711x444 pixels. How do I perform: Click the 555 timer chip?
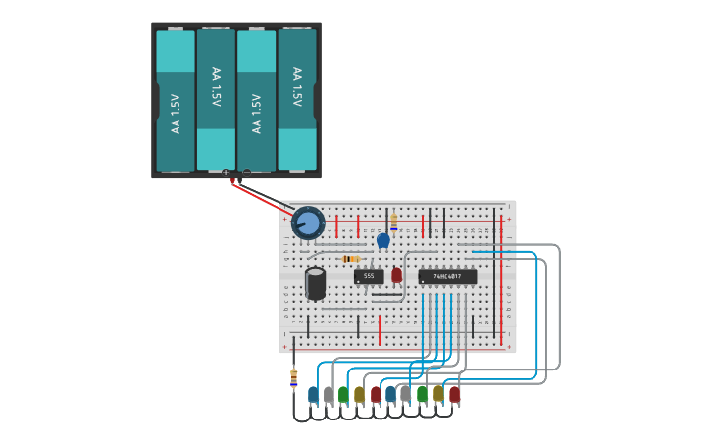369,276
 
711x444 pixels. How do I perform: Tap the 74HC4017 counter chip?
447,276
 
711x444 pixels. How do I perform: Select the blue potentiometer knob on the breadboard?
308,222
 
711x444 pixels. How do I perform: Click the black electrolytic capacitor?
315,282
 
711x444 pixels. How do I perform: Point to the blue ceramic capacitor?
383,240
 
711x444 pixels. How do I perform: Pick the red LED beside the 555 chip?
396,275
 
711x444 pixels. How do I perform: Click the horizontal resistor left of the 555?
350,259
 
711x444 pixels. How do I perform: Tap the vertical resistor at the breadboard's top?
393,222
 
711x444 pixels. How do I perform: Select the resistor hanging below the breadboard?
293,376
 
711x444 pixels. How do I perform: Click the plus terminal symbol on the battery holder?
226,173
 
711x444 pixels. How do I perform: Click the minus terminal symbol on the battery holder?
246,173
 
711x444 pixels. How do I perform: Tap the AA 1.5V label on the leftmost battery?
176,114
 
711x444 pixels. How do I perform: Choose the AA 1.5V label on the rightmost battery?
296,86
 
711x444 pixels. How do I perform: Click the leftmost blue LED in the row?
313,394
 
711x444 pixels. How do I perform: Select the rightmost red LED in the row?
454,394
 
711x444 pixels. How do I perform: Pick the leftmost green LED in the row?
344,394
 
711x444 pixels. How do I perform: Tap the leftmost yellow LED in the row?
360,394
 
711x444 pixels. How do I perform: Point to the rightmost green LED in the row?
423,394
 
